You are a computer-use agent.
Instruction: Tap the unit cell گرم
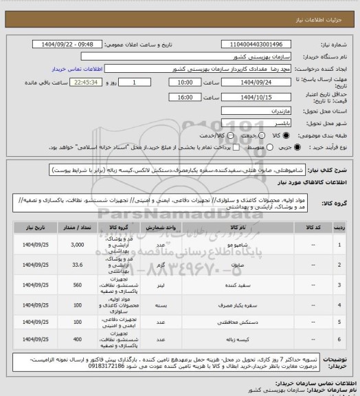coord(159,263)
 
